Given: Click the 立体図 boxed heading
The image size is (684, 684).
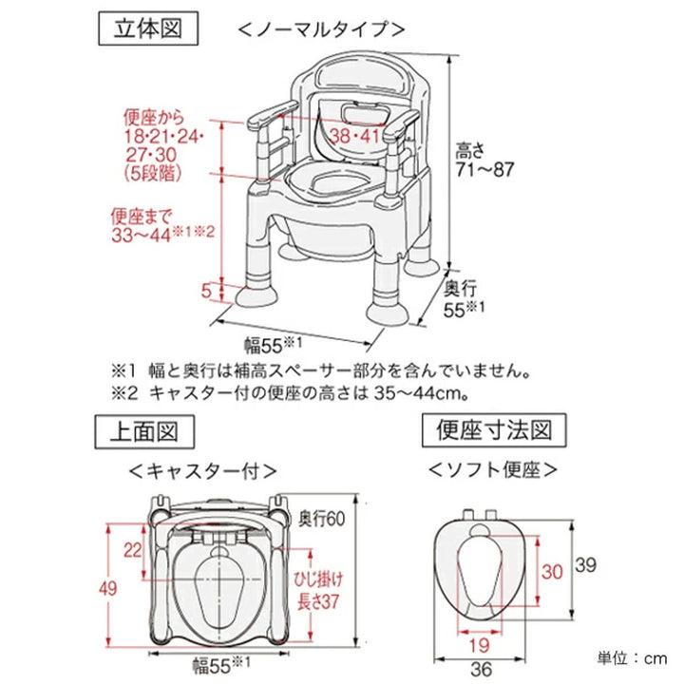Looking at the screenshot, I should point(148,28).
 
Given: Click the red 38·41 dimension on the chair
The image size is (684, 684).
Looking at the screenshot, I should point(355,136).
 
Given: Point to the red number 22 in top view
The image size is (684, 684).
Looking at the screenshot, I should point(132,548).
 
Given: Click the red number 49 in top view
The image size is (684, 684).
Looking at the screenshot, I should point(110,588).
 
